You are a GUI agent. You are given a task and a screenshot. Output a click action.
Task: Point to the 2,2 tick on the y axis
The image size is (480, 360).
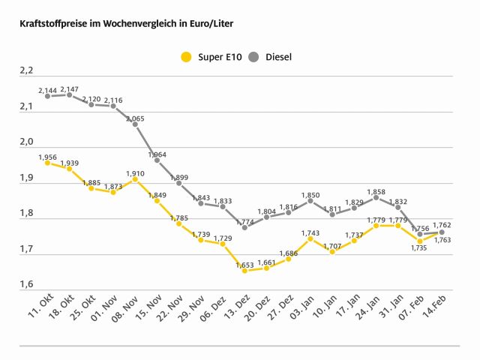click(x=27, y=71)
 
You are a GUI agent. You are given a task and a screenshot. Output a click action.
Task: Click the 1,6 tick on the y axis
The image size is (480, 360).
click(x=27, y=285)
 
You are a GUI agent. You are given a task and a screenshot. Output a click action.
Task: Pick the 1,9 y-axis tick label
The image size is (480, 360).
click(x=27, y=178)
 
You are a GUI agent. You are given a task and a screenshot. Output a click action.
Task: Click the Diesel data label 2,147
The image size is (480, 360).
click(x=70, y=88)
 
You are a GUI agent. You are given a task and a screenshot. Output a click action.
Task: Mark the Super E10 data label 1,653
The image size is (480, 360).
click(x=244, y=264)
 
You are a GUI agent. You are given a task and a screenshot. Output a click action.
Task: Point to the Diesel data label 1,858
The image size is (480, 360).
click(x=376, y=192)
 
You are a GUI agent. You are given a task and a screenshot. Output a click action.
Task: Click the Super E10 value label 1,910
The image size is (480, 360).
click(x=135, y=173)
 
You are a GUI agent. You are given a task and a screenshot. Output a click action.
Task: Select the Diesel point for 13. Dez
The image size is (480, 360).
click(x=244, y=227)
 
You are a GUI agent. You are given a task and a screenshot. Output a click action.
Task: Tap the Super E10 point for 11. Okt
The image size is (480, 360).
click(x=47, y=163)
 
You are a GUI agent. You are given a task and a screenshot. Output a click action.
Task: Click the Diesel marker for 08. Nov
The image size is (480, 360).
click(x=135, y=124)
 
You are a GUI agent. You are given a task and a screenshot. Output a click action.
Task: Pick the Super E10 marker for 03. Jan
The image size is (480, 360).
click(x=310, y=238)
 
